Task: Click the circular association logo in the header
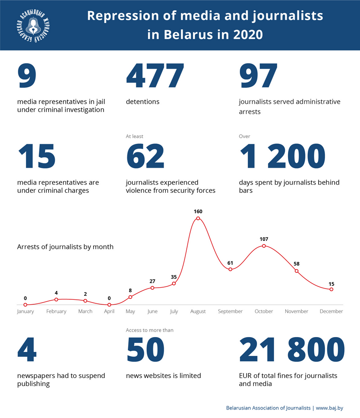pos(32,25)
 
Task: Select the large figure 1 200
pos(282,157)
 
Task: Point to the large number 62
pos(145,157)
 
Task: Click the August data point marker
pos(198,218)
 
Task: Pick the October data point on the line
pos(264,246)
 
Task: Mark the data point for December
pos(331,289)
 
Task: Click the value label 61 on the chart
pos(230,262)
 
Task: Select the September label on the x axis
pos(230,311)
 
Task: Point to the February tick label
pos(56,311)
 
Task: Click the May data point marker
pos(130,297)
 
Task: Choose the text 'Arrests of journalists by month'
pos(65,247)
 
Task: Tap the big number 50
pos(145,350)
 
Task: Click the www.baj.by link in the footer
pos(329,408)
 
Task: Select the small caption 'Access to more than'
pos(149,330)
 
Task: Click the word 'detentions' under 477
pos(143,102)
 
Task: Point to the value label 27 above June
pos(153,281)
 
